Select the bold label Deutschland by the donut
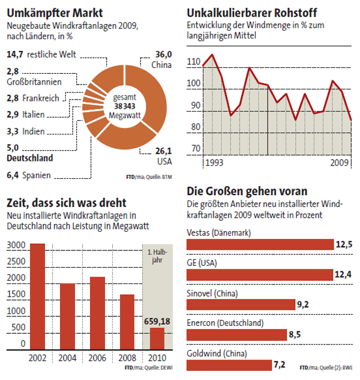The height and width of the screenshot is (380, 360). coord(29,159)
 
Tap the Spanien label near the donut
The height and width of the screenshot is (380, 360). coord(36,176)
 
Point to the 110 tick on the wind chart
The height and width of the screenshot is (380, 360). coord(193,62)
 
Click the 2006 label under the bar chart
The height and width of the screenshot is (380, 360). coord(98,358)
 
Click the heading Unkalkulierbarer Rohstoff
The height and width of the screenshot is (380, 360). coord(252,13)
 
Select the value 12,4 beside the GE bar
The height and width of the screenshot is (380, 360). coord(343,274)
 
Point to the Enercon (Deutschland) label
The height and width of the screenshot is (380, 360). coord(225,323)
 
